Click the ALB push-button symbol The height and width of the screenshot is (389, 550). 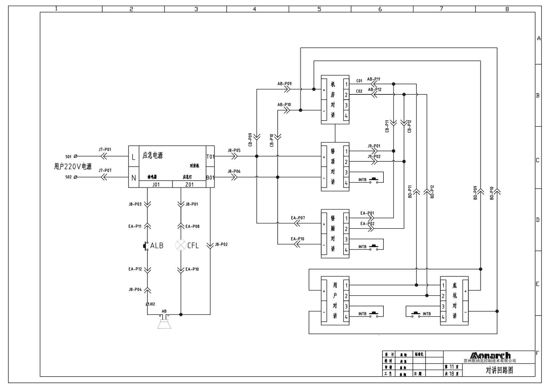click(x=146, y=246)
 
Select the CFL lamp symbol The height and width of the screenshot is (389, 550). click(x=181, y=245)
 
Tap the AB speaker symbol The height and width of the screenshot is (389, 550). click(x=164, y=324)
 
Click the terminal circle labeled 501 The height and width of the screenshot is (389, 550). click(x=76, y=156)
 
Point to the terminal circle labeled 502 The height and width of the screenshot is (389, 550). click(x=76, y=177)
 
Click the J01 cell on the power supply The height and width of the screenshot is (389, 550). click(x=156, y=185)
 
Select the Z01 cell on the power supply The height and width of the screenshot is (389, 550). click(x=189, y=185)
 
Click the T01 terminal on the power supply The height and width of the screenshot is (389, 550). click(x=210, y=156)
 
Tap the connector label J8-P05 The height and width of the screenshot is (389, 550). click(x=234, y=151)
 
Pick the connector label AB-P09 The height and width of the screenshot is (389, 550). click(x=284, y=84)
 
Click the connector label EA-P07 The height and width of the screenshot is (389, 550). click(x=298, y=218)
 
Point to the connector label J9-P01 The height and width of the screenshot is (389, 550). click(x=374, y=146)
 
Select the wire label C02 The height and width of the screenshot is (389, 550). click(x=359, y=91)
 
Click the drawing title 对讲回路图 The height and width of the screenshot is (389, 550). click(x=499, y=370)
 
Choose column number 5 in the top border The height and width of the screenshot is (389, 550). click(x=319, y=9)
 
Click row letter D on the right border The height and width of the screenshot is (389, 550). click(x=538, y=220)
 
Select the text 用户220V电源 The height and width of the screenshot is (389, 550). click(x=73, y=167)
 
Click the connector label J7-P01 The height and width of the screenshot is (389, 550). click(x=105, y=150)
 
